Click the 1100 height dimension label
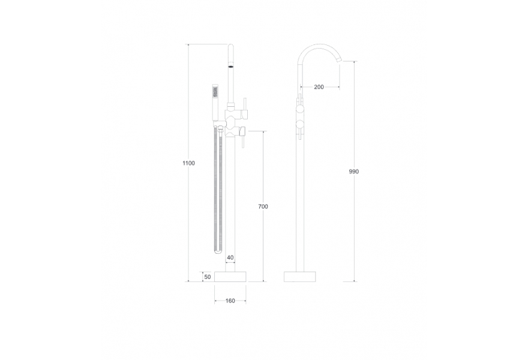point(188,163)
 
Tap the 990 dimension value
point(354,172)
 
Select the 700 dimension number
point(263,207)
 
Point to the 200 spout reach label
point(319,87)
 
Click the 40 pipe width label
point(230,258)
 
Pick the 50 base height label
point(208,277)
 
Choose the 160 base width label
point(230,301)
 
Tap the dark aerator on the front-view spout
point(231,66)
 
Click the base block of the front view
point(230,277)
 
